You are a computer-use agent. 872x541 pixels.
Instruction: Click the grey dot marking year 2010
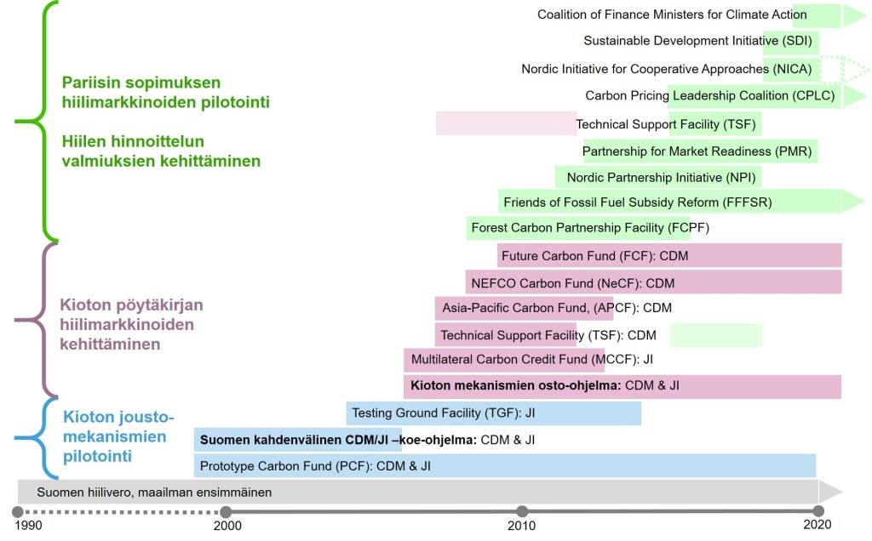522,511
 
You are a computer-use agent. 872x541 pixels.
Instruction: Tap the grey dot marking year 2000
226,511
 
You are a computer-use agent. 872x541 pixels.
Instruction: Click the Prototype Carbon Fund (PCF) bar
505,465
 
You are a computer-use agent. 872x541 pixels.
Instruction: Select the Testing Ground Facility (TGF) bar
493,413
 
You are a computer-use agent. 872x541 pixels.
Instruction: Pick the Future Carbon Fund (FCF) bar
669,255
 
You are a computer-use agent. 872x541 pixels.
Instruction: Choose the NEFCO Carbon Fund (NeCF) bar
653,282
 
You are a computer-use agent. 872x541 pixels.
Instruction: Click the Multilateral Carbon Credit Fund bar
504,360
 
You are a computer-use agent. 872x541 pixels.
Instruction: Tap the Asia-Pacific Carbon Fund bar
524,308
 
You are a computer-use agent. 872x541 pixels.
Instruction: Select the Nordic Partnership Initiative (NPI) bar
657,177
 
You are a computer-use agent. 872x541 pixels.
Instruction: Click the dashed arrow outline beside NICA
845,68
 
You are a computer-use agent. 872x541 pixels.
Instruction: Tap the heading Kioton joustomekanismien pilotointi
118,436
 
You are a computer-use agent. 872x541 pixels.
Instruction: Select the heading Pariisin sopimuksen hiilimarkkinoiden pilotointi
165,92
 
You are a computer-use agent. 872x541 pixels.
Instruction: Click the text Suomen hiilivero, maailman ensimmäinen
154,492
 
